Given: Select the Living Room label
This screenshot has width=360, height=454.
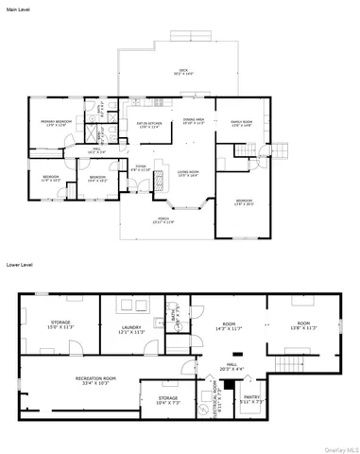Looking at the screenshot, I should [x=188, y=173].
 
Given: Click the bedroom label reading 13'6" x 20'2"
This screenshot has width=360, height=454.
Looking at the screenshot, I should [x=244, y=201].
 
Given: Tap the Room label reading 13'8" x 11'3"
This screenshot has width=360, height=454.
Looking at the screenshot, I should [x=303, y=325].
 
